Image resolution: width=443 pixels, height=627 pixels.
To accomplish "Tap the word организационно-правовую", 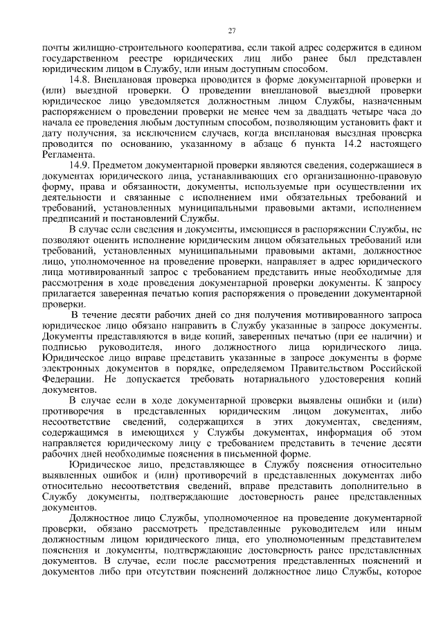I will (370, 176).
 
